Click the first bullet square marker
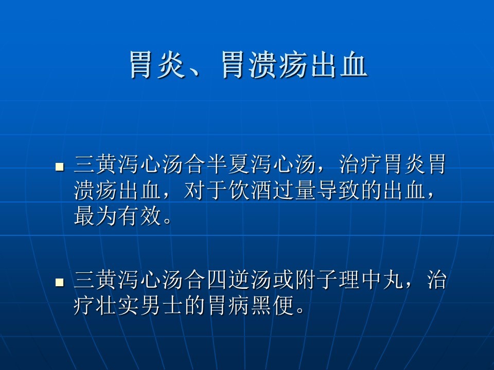click(x=60, y=166)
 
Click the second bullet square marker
click(x=60, y=282)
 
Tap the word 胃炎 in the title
click(x=157, y=65)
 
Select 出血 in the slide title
click(x=339, y=65)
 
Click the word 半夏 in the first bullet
click(x=228, y=164)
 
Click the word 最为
click(x=96, y=216)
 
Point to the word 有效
click(x=139, y=216)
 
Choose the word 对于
click(x=206, y=190)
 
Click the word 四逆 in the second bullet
click(x=228, y=280)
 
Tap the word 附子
click(x=316, y=280)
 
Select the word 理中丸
click(x=372, y=280)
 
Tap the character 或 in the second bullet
click(x=284, y=280)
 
